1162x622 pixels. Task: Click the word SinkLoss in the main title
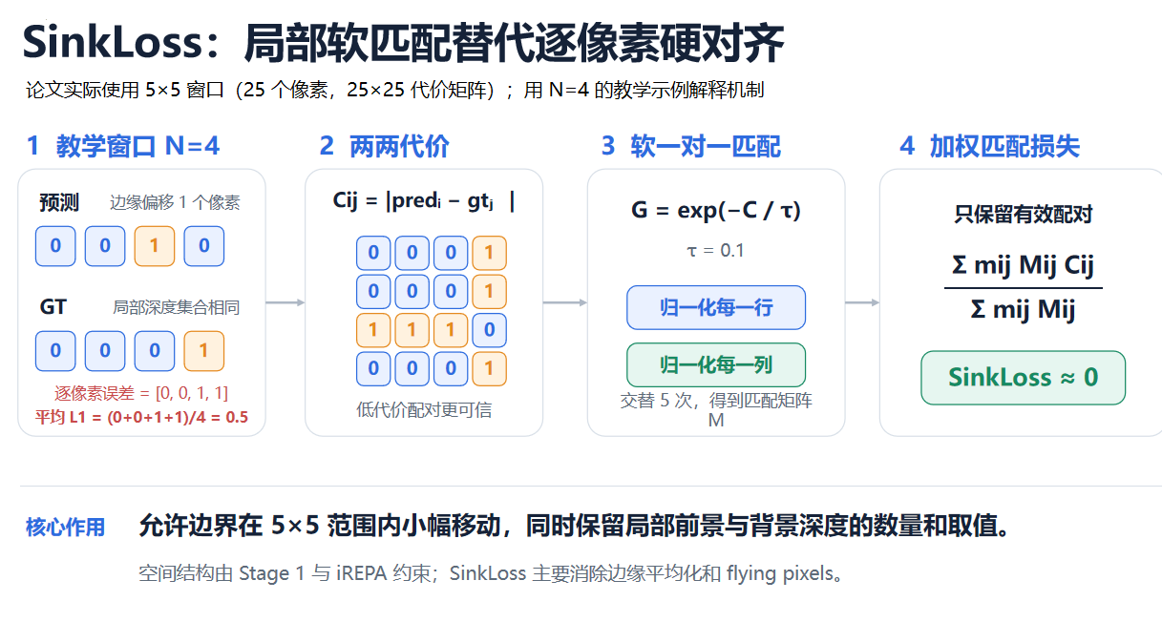point(113,42)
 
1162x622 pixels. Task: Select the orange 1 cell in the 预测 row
point(155,246)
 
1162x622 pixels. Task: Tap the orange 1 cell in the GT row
point(204,351)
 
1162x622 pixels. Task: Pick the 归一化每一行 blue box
point(716,307)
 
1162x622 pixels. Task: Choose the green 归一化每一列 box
point(716,365)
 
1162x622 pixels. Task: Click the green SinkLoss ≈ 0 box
point(1023,378)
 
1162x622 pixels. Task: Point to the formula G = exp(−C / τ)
point(716,210)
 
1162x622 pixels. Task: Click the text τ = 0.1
point(715,251)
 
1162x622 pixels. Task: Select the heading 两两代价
point(399,146)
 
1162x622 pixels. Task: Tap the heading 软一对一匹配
point(706,146)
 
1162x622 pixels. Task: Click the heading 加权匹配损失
point(1004,146)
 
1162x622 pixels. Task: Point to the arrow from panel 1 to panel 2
point(285,302)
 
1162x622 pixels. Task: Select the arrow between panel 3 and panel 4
point(862,302)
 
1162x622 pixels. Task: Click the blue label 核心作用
point(65,528)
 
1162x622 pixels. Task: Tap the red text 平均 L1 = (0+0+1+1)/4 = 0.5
point(141,417)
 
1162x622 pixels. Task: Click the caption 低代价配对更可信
point(424,410)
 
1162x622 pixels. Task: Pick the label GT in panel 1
point(53,307)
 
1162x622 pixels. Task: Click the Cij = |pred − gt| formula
point(424,201)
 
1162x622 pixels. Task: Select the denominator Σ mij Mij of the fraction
point(1023,310)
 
